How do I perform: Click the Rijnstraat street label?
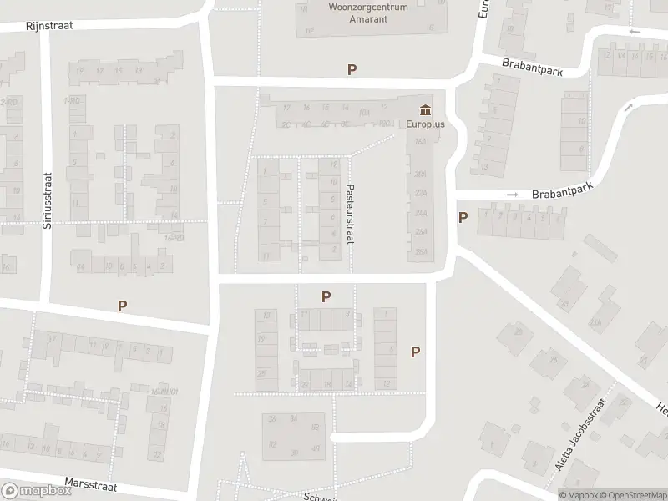[x=49, y=25]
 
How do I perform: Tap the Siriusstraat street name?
[x=48, y=200]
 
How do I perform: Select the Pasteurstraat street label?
[x=351, y=214]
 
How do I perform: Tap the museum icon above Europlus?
[x=426, y=110]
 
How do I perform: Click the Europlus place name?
[x=426, y=124]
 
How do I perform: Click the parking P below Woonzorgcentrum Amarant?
[x=352, y=70]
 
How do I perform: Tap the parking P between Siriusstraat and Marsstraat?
[x=123, y=306]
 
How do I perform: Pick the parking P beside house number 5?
[x=462, y=218]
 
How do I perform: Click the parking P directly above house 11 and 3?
[x=326, y=296]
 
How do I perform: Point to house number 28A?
[x=421, y=251]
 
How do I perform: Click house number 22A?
[x=421, y=193]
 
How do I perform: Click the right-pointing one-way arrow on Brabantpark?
[x=513, y=195]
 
